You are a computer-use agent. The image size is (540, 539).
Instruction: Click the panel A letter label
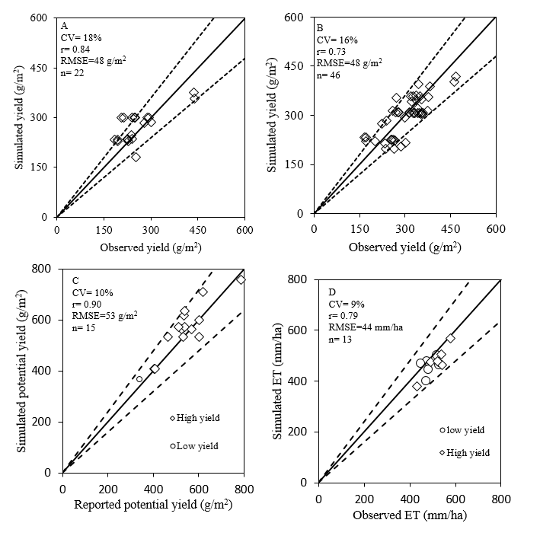pos(64,25)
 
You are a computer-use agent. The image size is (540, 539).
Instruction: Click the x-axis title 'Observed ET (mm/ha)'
pos(410,516)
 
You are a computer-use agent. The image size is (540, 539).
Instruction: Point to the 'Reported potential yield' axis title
pos(152,504)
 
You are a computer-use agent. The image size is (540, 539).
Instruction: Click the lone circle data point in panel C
pos(139,379)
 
